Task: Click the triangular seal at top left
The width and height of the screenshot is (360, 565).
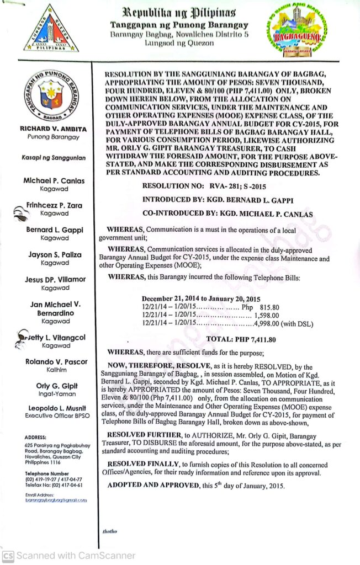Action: pos(51,29)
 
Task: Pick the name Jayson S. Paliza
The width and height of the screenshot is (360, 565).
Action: pos(55,255)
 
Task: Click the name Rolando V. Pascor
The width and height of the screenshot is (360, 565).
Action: pos(55,363)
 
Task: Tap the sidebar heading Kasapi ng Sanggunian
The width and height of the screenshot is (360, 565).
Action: pos(53,158)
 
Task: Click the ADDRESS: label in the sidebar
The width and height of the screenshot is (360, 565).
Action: pos(36,437)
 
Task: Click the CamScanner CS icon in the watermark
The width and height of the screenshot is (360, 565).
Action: pos(8,556)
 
